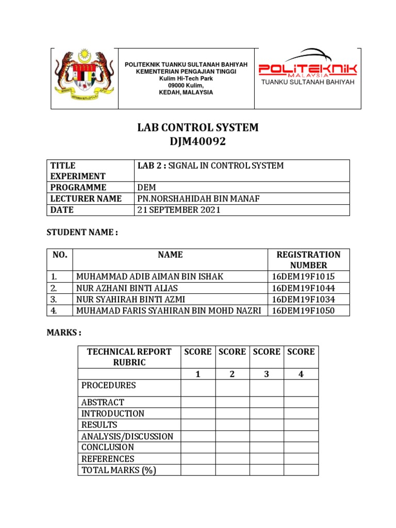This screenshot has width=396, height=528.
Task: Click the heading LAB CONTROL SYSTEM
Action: click(x=198, y=127)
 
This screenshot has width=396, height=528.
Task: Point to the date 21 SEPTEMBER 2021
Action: click(x=179, y=210)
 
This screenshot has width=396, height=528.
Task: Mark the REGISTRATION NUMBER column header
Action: click(x=308, y=259)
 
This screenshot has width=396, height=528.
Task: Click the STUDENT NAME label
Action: click(x=82, y=233)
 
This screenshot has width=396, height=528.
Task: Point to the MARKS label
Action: click(x=64, y=333)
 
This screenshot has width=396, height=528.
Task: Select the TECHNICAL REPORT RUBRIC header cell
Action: click(x=129, y=357)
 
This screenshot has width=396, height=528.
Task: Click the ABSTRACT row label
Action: click(x=103, y=402)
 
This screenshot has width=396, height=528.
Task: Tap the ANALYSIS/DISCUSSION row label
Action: click(x=127, y=436)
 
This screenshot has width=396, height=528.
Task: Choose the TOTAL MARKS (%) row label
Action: click(x=119, y=470)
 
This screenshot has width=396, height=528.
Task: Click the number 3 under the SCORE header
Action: click(x=267, y=374)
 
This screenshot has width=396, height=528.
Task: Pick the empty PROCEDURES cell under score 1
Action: click(x=198, y=388)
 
